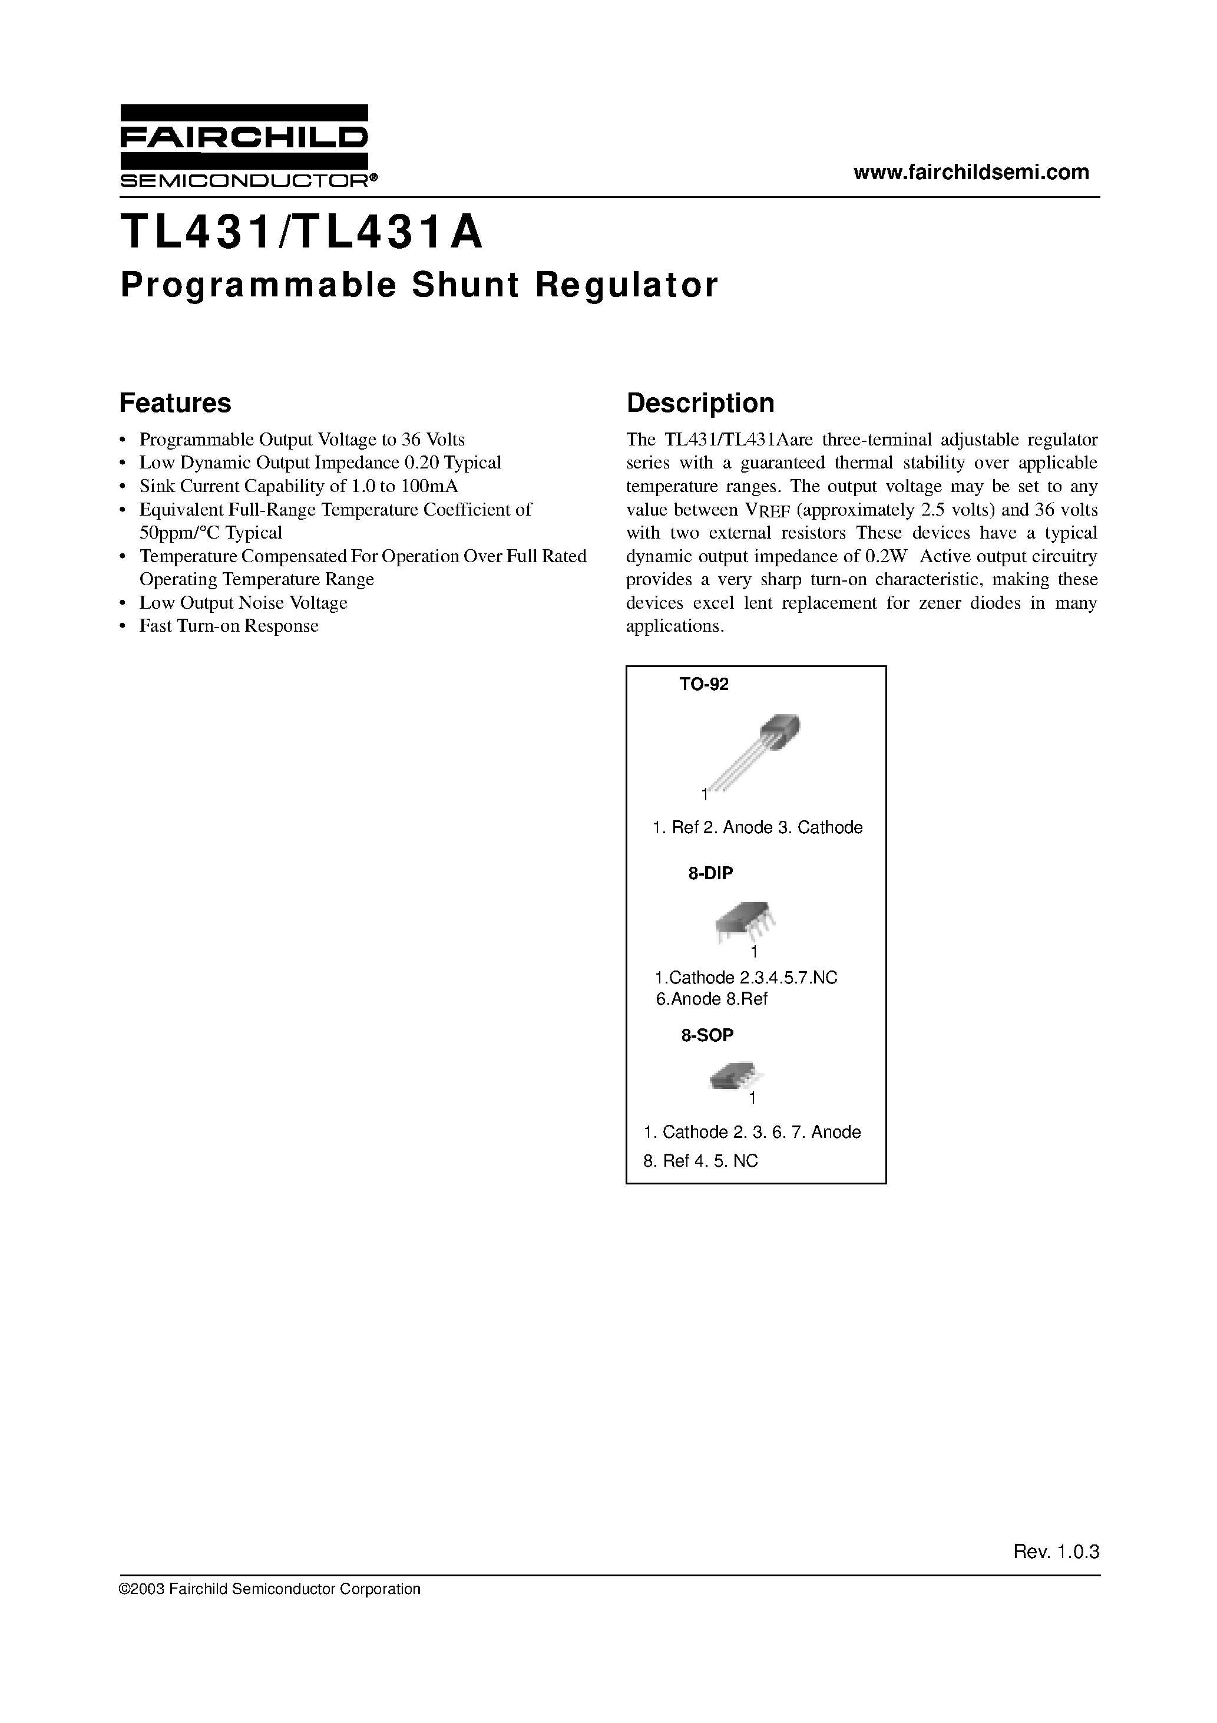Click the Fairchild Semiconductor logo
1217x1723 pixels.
(244, 146)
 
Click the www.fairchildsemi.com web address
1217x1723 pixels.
(971, 172)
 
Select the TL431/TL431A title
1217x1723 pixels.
(301, 233)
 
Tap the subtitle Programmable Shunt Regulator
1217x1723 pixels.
(419, 285)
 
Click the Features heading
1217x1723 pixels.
(175, 403)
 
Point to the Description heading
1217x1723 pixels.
(700, 403)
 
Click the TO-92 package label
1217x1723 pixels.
(704, 684)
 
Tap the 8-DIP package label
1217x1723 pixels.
(710, 873)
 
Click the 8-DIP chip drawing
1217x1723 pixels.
(745, 922)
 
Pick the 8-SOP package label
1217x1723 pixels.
(707, 1035)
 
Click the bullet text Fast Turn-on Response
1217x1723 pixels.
(229, 626)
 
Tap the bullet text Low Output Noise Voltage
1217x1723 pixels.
(243, 603)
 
